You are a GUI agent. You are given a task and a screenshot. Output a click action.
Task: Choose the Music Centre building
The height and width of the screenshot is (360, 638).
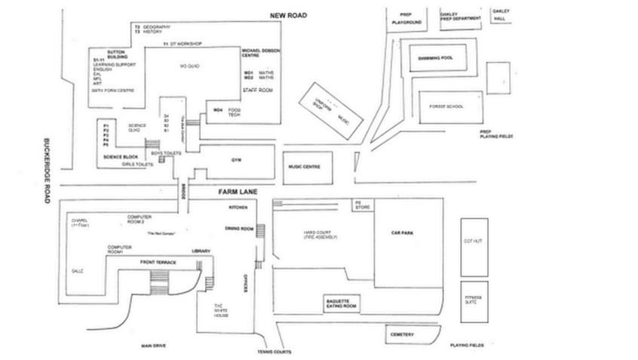point(305,167)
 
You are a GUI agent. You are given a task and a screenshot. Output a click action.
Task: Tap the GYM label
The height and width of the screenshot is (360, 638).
point(235,160)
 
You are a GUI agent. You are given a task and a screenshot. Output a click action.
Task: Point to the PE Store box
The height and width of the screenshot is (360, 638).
point(359,206)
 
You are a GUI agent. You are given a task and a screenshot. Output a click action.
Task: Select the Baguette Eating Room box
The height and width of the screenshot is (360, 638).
point(342,303)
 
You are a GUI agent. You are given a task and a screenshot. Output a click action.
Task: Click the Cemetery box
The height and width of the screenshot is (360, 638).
point(402,334)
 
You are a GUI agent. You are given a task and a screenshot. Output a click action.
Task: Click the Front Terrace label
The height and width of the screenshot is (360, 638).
point(158,261)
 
